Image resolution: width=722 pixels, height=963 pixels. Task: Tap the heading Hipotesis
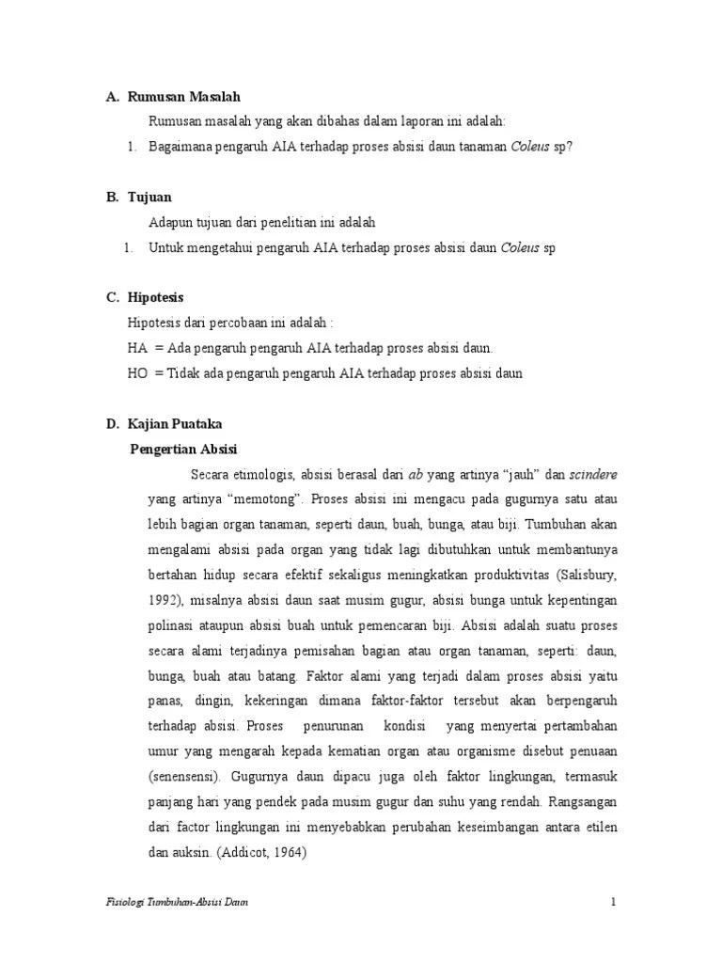158,297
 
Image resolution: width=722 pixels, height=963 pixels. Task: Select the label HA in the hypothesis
137,348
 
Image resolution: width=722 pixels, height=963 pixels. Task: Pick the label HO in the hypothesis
137,373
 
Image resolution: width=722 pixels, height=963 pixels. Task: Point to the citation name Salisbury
589,575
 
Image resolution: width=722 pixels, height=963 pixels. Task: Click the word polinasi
172,625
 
